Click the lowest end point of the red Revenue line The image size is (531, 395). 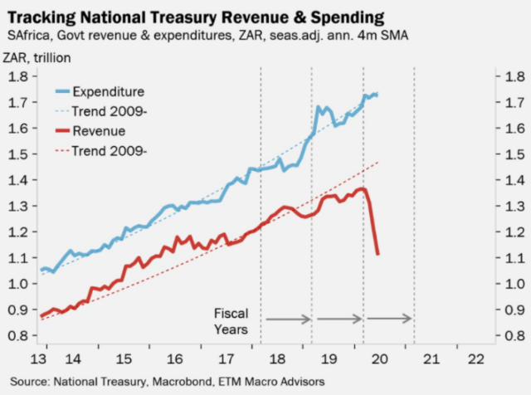(378, 255)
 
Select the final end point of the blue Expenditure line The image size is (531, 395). (378, 95)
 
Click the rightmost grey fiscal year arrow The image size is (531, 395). (390, 319)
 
